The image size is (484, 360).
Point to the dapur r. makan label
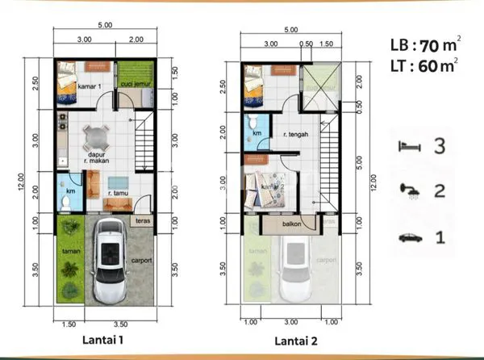click(x=96, y=158)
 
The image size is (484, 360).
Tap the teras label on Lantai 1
click(x=143, y=221)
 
